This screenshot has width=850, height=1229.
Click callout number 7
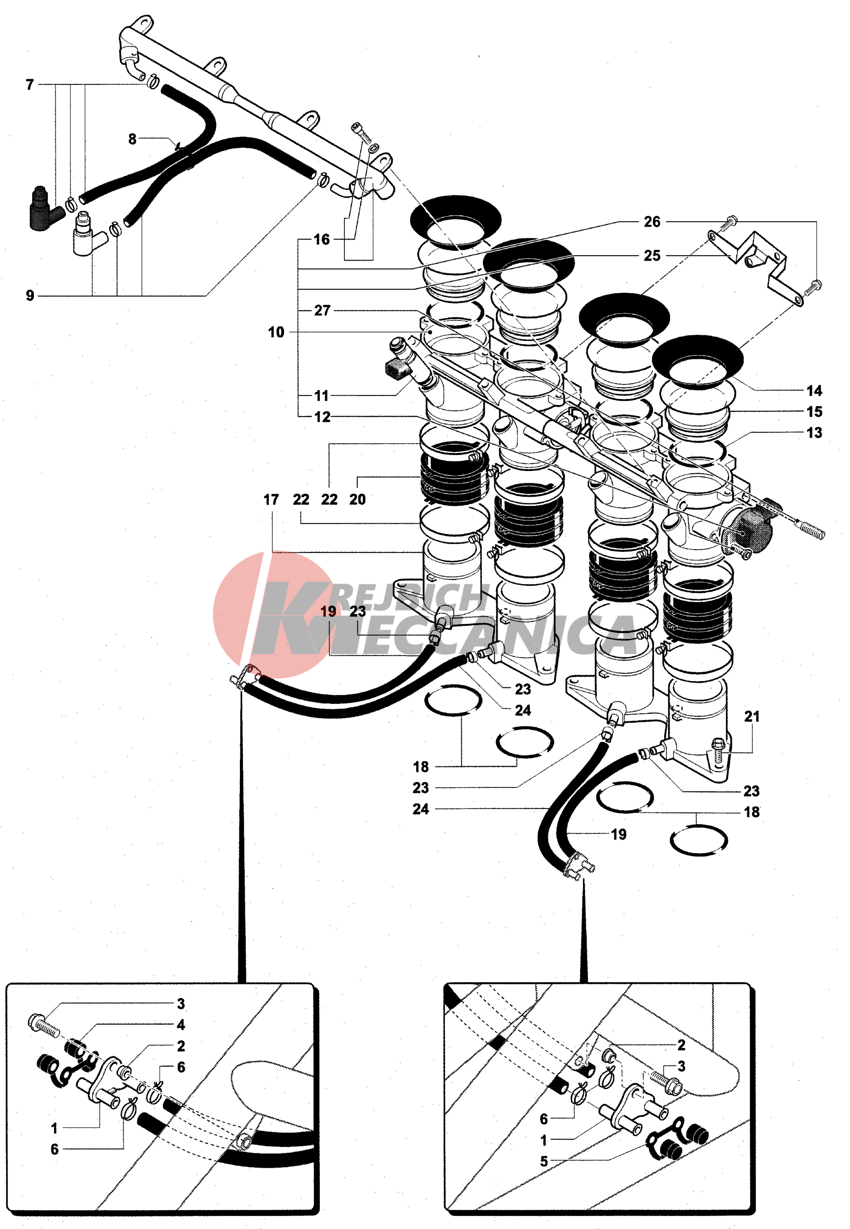pyautogui.click(x=30, y=85)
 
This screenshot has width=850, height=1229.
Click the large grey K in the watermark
pyautogui.click(x=288, y=621)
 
